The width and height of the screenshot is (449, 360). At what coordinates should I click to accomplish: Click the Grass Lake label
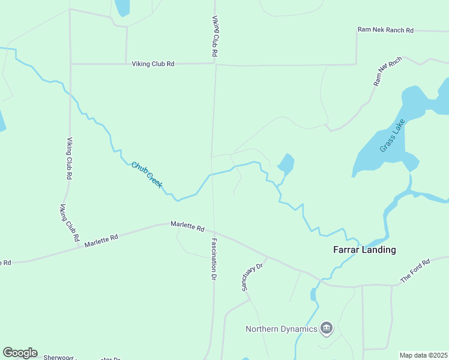pyautogui.click(x=393, y=136)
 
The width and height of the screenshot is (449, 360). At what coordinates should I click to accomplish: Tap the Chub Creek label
pyautogui.click(x=146, y=175)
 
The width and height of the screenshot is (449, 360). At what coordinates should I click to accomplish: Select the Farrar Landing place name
pyautogui.click(x=364, y=250)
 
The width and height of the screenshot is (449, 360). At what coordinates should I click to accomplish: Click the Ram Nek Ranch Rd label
pyautogui.click(x=385, y=29)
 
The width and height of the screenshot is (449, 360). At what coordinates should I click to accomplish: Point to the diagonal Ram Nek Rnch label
pyautogui.click(x=387, y=71)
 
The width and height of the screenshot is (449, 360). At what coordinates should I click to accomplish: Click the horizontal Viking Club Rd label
pyautogui.click(x=153, y=64)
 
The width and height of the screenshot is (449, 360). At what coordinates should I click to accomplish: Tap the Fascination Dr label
pyautogui.click(x=213, y=260)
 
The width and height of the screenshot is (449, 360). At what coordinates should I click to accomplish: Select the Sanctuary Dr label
pyautogui.click(x=253, y=277)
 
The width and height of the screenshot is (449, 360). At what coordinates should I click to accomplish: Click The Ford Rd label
pyautogui.click(x=415, y=271)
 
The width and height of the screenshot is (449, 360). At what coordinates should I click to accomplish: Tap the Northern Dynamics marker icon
pyautogui.click(x=327, y=328)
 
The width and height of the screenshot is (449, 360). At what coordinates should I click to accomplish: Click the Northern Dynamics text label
pyautogui.click(x=282, y=328)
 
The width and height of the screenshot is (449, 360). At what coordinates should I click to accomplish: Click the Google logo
pyautogui.click(x=20, y=353)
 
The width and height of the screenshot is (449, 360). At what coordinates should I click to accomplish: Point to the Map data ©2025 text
pyautogui.click(x=423, y=355)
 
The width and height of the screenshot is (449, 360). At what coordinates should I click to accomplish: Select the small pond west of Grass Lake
pyautogui.click(x=286, y=163)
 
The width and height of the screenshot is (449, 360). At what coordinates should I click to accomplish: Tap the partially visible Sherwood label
pyautogui.click(x=58, y=357)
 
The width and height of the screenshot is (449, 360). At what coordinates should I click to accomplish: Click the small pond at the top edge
pyautogui.click(x=122, y=7)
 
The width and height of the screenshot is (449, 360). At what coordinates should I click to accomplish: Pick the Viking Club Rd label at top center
pyautogui.click(x=214, y=36)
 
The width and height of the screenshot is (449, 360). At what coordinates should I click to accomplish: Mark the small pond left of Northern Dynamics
pyautogui.click(x=313, y=294)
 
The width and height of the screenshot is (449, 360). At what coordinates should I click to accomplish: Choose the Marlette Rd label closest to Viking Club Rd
pyautogui.click(x=101, y=241)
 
